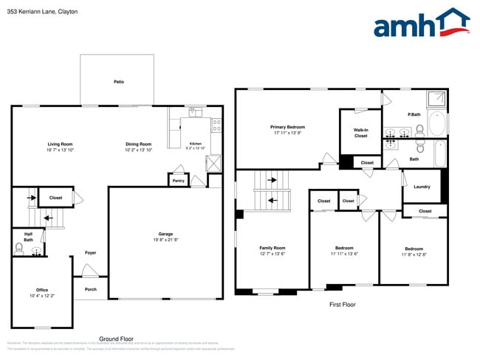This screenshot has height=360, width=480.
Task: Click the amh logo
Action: (421, 24)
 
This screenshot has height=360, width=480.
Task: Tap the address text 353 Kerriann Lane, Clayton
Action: (42, 12)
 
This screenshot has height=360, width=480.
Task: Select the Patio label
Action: (118, 81)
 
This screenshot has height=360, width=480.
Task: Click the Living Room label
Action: (60, 144)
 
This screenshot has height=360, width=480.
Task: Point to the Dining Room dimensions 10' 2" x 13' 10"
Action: (138, 150)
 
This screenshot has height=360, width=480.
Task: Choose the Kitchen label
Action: (195, 144)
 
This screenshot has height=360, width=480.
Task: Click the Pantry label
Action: (178, 180)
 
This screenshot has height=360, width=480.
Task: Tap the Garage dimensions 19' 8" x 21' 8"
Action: (165, 240)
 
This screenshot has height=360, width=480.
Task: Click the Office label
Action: (42, 290)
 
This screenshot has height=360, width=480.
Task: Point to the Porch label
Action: (90, 289)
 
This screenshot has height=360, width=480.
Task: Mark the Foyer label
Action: (90, 252)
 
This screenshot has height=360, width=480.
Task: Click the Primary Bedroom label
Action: (287, 127)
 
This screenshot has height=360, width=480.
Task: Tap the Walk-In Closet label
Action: (360, 133)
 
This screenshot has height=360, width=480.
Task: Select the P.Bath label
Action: (414, 114)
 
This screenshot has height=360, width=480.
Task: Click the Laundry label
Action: (422, 187)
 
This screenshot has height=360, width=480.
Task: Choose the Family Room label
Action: (272, 248)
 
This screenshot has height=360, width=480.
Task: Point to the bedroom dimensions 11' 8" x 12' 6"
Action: (414, 255)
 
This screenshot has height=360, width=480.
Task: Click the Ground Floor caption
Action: (116, 339)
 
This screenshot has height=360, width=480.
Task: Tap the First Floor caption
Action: (342, 304)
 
